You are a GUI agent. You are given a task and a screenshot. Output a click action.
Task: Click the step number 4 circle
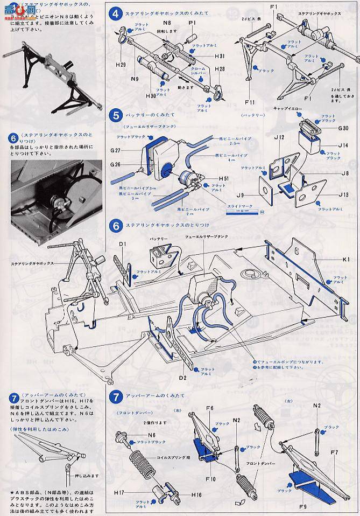tap(114, 11)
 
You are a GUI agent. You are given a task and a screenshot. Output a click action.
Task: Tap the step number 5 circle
tap(114, 115)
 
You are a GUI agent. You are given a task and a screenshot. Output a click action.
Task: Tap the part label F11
tap(249, 101)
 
